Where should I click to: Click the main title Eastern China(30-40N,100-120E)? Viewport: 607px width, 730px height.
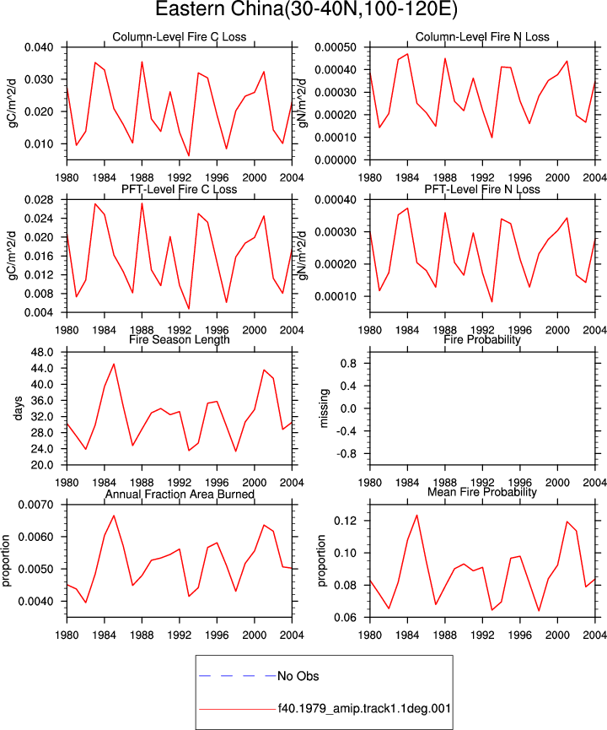coord(306,9)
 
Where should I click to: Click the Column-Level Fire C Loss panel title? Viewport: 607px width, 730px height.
coord(179,37)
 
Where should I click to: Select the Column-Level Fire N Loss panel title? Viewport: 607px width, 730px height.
coord(482,37)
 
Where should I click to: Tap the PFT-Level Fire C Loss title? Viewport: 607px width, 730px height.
coord(179,189)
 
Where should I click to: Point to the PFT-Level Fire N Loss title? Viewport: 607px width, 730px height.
coord(482,189)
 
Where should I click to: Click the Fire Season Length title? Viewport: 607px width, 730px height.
coord(179,339)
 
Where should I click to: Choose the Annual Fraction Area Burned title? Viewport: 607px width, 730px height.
coord(180,494)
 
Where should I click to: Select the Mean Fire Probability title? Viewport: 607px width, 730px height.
coord(482,492)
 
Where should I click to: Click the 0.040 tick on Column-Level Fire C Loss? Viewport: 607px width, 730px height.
coord(39,47)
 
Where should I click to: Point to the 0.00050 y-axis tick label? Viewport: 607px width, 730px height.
coord(336,47)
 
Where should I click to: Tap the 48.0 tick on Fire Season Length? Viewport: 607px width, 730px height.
coord(42,352)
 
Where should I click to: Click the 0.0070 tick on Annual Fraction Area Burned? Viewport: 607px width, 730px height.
coord(35,505)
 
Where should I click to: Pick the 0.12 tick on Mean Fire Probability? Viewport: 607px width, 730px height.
coord(345,521)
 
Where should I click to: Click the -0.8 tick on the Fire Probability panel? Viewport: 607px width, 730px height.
coord(345,453)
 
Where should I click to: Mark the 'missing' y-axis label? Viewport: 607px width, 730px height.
coord(324,408)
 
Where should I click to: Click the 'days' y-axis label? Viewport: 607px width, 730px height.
coord(18,408)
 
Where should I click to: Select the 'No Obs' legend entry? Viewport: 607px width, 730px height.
coord(298,676)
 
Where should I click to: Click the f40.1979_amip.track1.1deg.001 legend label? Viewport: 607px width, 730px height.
coord(364,709)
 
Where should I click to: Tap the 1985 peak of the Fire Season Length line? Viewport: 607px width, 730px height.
coord(114,364)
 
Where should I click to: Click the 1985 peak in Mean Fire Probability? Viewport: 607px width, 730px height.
coord(416,515)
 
